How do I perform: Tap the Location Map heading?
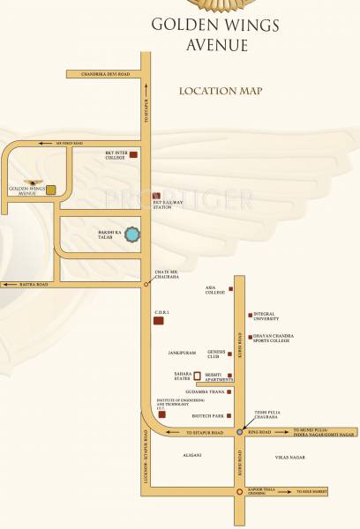tap(221, 91)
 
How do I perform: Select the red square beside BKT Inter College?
tap(135, 154)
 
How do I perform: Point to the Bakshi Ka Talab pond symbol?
tap(131, 235)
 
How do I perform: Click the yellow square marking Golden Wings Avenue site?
tap(51, 190)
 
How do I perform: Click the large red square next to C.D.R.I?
tap(159, 321)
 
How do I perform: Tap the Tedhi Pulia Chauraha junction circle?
tap(239, 433)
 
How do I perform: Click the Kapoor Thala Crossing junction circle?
tap(239, 492)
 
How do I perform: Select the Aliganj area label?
tap(191, 455)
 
